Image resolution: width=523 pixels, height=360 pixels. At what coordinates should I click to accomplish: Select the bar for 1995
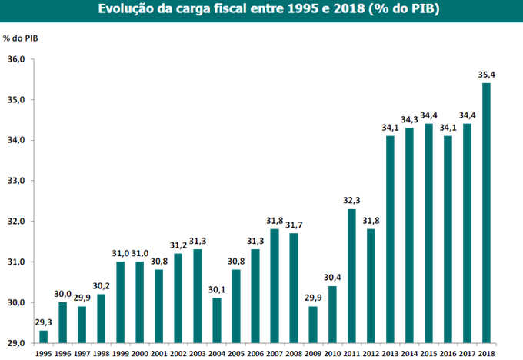[43, 336]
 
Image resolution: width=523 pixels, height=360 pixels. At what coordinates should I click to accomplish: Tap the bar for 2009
[313, 324]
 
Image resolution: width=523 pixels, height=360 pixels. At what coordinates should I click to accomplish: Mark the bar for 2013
[390, 238]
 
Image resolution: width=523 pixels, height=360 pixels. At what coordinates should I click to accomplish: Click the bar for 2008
[294, 288]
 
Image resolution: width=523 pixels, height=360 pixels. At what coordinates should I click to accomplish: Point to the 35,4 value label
[486, 75]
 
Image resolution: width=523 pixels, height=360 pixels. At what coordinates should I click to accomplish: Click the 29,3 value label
[43, 322]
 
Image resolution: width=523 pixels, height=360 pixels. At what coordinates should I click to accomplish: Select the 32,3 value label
[351, 201]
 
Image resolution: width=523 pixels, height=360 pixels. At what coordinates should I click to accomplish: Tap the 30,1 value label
[217, 290]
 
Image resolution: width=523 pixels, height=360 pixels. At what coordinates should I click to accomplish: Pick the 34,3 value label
[409, 120]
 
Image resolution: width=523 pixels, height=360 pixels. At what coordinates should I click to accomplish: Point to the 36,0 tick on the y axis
[17, 59]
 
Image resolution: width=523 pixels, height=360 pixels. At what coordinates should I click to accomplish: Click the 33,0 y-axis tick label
[17, 181]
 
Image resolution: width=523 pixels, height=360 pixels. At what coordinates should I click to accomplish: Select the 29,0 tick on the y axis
[17, 342]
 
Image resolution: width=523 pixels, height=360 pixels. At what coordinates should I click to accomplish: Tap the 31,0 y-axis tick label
[17, 262]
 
